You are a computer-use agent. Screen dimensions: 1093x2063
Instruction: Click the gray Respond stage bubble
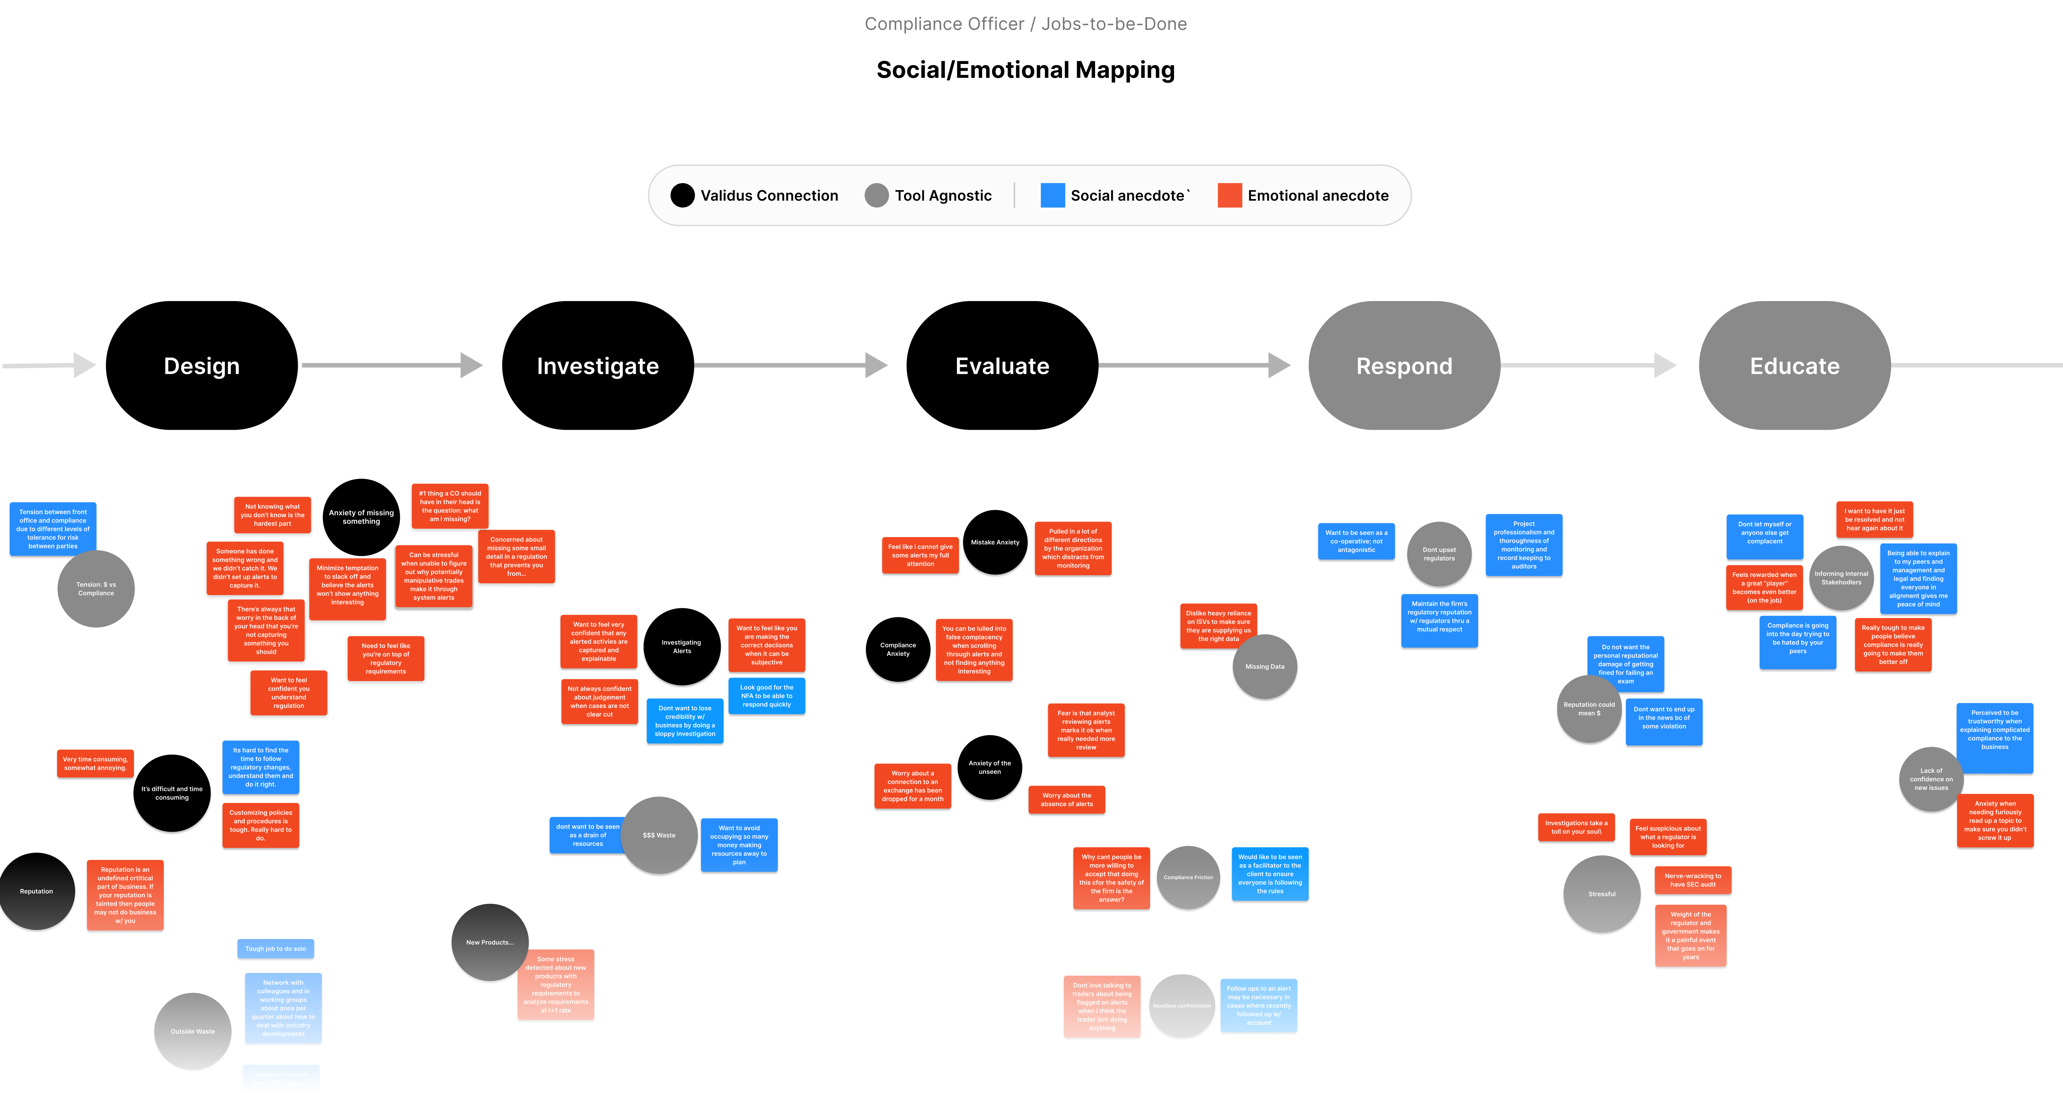coord(1404,365)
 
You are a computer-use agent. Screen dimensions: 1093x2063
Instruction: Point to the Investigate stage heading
coord(597,366)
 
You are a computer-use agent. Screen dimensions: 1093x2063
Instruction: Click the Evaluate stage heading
coord(1002,366)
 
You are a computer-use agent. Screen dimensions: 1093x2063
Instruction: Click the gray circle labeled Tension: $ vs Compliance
coord(96,589)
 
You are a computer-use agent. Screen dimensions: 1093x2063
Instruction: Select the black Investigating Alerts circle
coord(682,648)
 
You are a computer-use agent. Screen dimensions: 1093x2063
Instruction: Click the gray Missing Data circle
coord(1265,667)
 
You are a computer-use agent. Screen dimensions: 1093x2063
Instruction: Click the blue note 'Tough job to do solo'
coord(276,949)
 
